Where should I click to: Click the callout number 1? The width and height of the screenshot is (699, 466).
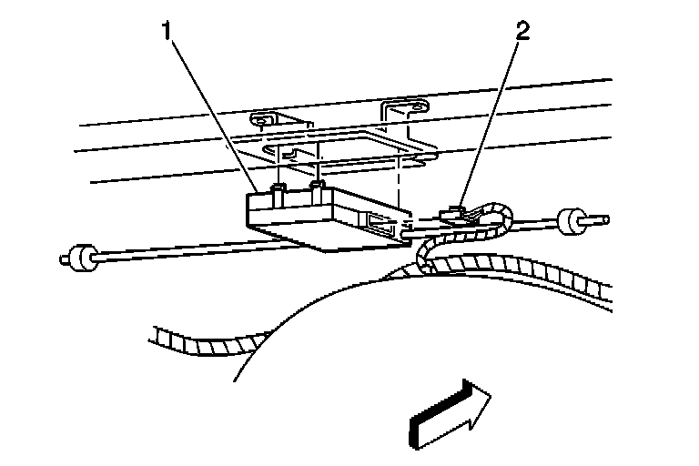click(x=167, y=33)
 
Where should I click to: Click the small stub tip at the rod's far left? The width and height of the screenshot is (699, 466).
click(x=65, y=259)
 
